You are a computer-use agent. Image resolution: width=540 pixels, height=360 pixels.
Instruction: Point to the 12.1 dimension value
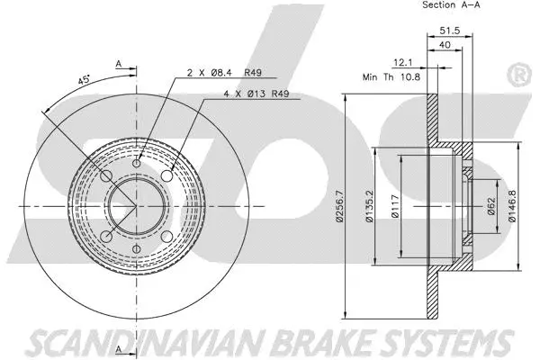point(404,62)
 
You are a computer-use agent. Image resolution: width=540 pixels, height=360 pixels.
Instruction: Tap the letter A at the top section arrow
point(118,63)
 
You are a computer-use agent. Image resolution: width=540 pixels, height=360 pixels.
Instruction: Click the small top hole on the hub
point(138,162)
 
